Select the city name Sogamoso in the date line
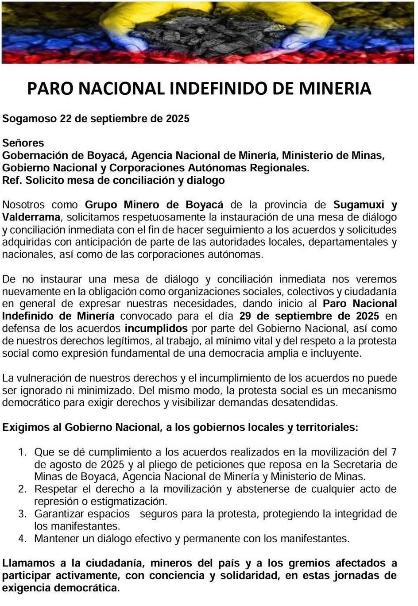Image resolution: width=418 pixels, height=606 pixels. click(x=30, y=119)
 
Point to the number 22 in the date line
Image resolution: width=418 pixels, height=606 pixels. click(x=66, y=119)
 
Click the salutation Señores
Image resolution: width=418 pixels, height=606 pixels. click(x=23, y=143)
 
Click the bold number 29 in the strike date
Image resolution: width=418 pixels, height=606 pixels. click(x=245, y=316)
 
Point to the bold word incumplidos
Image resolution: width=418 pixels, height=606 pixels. click(x=156, y=328)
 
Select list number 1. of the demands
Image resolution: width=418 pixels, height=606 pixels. click(x=23, y=452)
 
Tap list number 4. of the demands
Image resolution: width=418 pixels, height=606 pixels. click(x=23, y=539)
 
